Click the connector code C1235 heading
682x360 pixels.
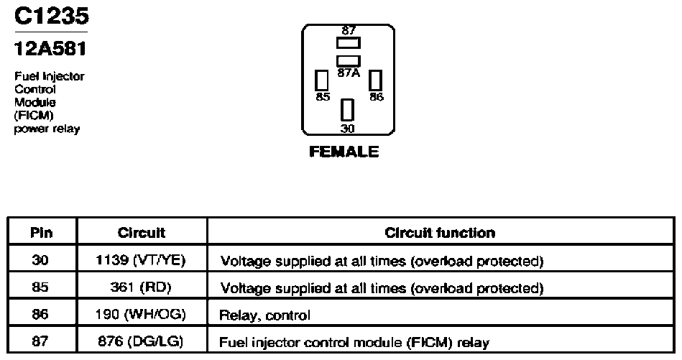pyautogui.click(x=52, y=16)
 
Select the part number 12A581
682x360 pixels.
pyautogui.click(x=50, y=48)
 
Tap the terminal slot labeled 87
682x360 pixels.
pyautogui.click(x=349, y=42)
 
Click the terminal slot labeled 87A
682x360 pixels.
pyautogui.click(x=349, y=61)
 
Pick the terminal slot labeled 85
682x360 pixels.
pyautogui.click(x=322, y=80)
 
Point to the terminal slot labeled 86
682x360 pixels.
pyautogui.click(x=375, y=80)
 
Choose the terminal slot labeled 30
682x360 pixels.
pyautogui.click(x=347, y=110)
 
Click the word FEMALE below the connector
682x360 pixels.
pyautogui.click(x=344, y=152)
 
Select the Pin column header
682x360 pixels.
pyautogui.click(x=42, y=233)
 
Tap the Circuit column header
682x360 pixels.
pyautogui.click(x=142, y=233)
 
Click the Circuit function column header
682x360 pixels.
pyautogui.click(x=440, y=233)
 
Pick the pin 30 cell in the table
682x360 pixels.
pyautogui.click(x=40, y=260)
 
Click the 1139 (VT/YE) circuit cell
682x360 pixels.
pyautogui.click(x=140, y=260)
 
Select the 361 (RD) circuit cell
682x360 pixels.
pyautogui.click(x=141, y=287)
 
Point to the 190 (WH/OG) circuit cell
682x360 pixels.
pyautogui.click(x=140, y=314)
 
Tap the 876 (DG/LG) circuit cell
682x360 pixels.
pyautogui.click(x=140, y=341)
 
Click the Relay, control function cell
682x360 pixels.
pyautogui.click(x=265, y=315)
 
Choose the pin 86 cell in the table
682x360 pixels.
pyautogui.click(x=40, y=314)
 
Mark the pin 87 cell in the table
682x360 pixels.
pyautogui.click(x=40, y=341)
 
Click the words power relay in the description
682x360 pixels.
pyautogui.click(x=47, y=129)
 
